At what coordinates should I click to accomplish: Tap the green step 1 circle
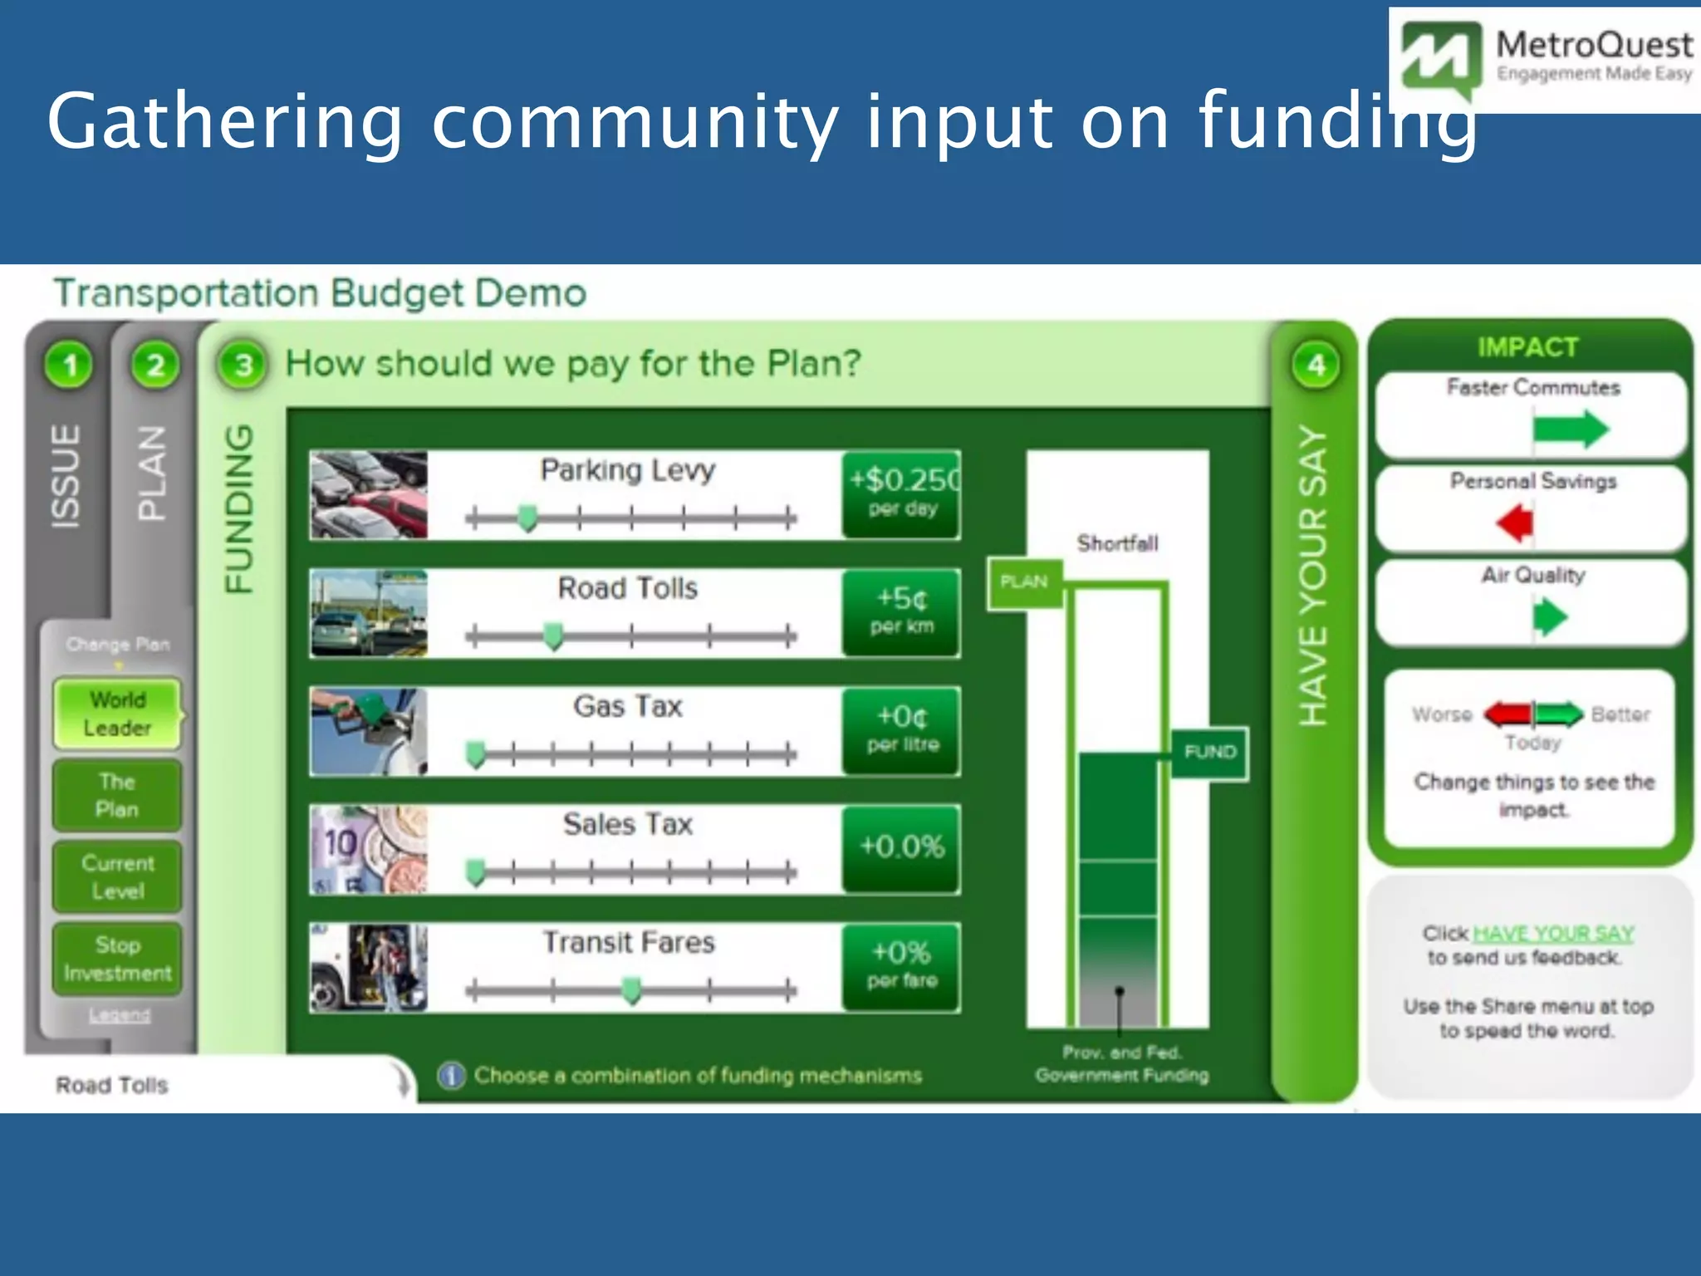70,365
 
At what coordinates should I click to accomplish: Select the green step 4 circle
1316,365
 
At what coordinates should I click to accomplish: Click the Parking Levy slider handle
527,518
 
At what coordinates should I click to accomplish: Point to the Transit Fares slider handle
632,990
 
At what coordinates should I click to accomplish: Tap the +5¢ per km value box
902,612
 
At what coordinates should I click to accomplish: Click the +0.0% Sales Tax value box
902,848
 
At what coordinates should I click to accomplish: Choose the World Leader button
117,714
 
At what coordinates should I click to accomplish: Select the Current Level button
117,877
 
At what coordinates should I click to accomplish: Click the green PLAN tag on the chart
1024,582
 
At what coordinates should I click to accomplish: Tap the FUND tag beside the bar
1209,753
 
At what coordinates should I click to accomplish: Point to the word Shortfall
1117,544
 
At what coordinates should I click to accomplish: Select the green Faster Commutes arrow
1570,429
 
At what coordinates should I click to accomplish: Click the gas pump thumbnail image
368,732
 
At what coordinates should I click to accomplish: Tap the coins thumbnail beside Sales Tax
368,850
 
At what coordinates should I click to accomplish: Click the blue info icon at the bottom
451,1076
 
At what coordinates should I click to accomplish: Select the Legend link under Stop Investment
120,1015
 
